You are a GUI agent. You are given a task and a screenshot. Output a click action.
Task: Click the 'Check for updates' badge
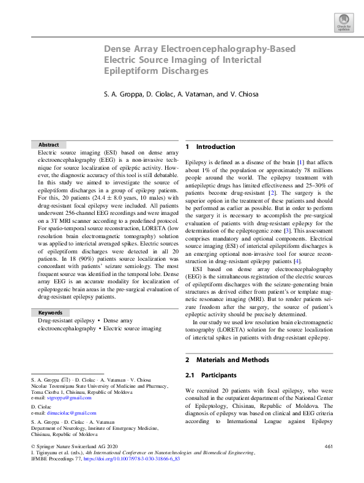pyautogui.click(x=343, y=23)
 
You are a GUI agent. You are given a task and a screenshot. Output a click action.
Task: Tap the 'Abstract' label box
pyautogui.click(x=49, y=145)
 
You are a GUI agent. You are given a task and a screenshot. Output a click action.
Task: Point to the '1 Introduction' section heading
pyautogui.click(x=210, y=147)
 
